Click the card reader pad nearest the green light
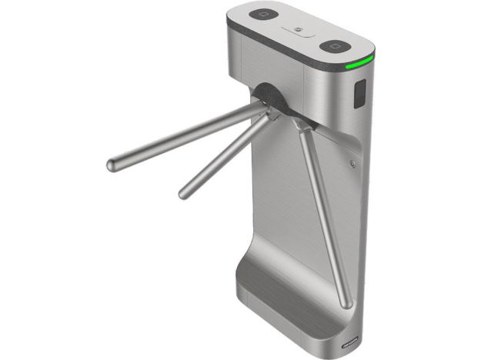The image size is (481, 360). pos(336,46)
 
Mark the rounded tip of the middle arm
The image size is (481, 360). pos(184,191)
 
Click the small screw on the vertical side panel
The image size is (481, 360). pos(352,163)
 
